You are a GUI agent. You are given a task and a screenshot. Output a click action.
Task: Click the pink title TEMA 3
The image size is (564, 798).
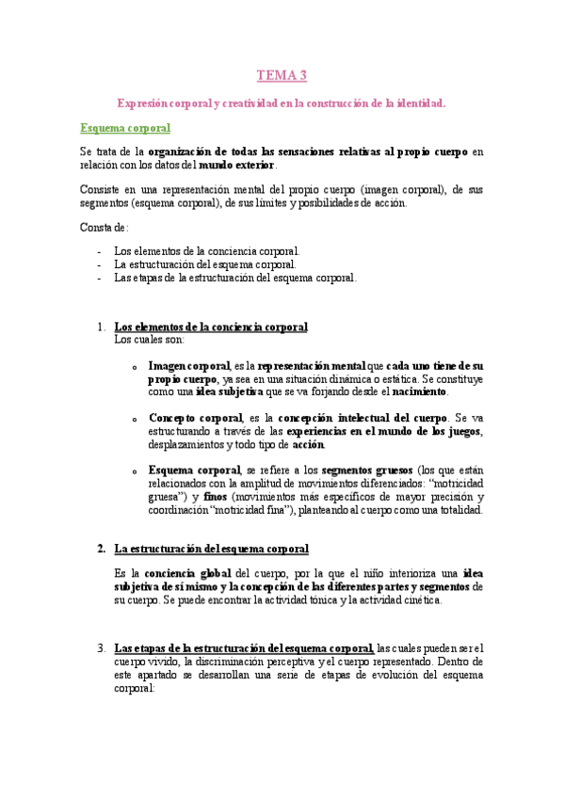282,75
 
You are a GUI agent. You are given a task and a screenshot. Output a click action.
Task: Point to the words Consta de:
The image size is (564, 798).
104,228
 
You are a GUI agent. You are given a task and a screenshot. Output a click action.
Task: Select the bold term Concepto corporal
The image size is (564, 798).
195,417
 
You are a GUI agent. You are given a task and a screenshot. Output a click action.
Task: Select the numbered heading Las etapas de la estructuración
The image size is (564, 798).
243,647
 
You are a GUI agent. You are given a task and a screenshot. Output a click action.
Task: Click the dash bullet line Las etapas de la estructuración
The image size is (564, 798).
234,278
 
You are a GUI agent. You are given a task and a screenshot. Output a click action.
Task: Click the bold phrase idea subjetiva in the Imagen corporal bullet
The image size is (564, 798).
228,391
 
